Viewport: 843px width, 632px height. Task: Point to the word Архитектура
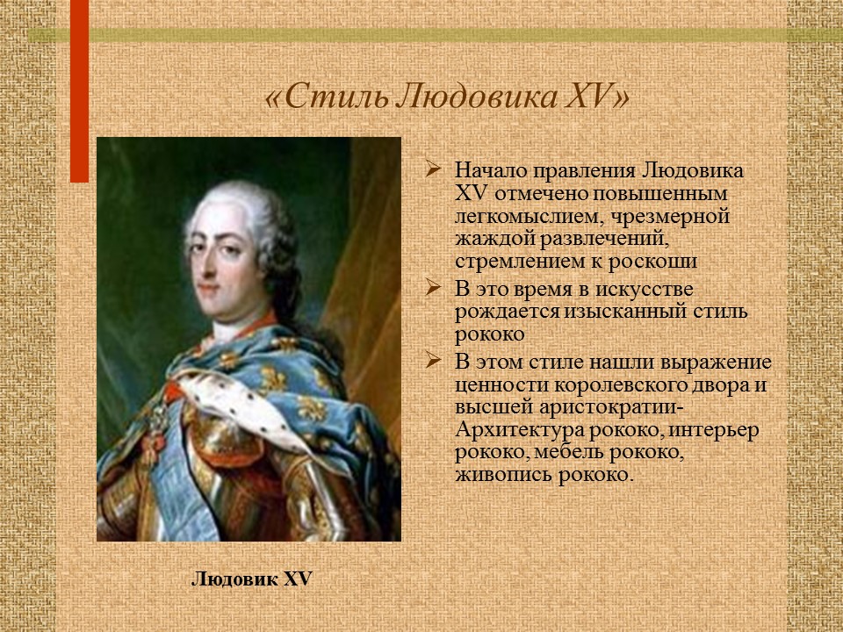click(525, 431)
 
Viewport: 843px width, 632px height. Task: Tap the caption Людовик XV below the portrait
click(251, 579)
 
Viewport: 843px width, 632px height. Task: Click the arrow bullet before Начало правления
click(433, 169)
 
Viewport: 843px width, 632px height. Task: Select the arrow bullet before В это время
click(433, 289)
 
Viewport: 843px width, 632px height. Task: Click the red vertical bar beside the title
click(80, 88)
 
